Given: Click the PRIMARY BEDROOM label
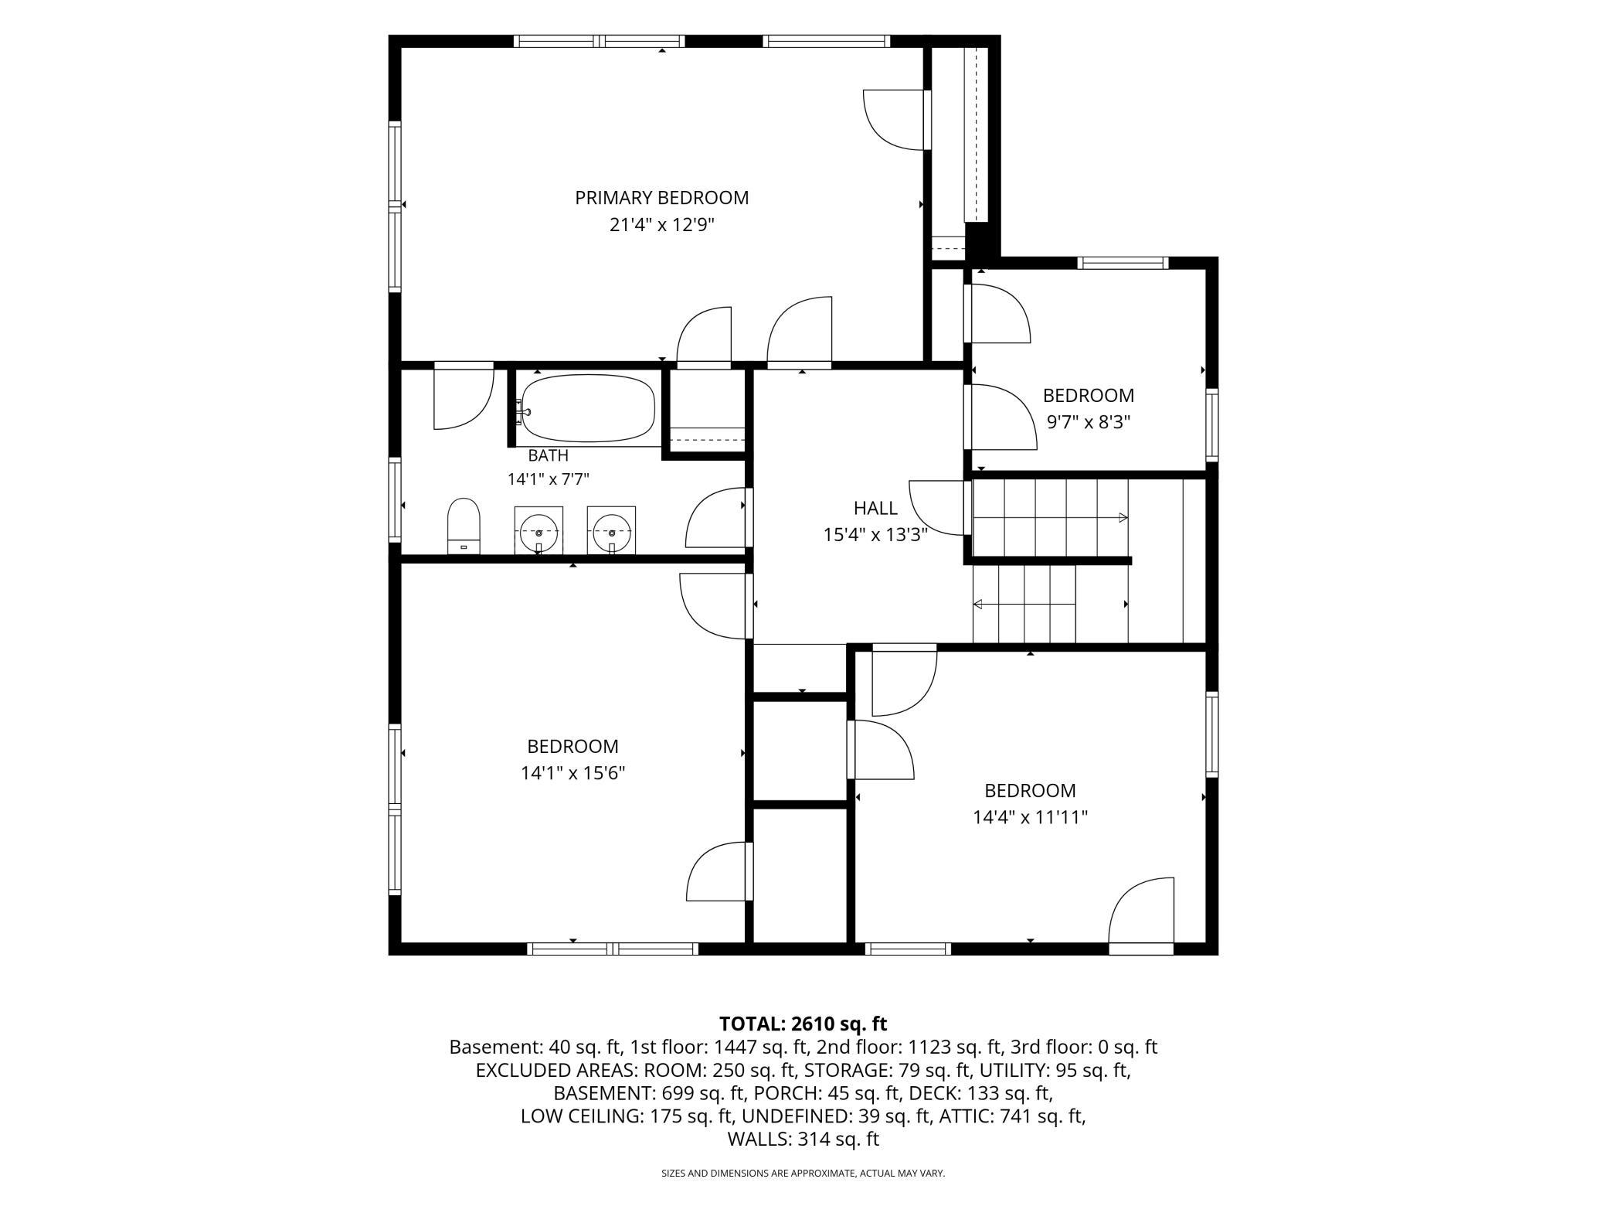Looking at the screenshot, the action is (x=661, y=198).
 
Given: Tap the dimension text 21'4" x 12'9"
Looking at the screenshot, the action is (x=661, y=225).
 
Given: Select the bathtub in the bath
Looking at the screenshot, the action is (x=587, y=408).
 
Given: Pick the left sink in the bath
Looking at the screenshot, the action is (x=538, y=530).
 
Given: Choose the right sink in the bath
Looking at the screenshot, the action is (x=611, y=530).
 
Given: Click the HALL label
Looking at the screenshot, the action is (x=875, y=508).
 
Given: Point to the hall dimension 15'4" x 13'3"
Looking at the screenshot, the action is (x=875, y=534).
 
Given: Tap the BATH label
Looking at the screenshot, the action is (x=548, y=455).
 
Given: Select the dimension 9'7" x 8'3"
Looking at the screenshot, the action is (x=1089, y=422).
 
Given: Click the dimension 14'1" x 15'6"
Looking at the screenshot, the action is (x=572, y=773).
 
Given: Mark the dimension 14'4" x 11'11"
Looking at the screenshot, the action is (x=1030, y=817).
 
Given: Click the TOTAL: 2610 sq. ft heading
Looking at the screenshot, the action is (x=803, y=1024).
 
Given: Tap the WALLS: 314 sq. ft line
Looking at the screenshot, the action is (x=803, y=1139).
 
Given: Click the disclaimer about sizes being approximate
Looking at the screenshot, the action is (x=803, y=1173).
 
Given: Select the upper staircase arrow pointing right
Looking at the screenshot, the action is (x=1051, y=516).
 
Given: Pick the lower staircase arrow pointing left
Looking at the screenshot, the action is (x=1024, y=605).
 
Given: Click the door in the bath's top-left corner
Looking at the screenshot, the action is (x=464, y=396).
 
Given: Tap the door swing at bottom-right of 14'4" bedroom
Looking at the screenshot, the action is (x=1141, y=911).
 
